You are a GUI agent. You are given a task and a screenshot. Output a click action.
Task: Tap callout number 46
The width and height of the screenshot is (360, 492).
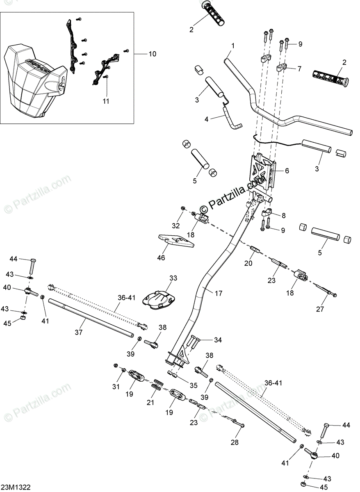click(161, 258)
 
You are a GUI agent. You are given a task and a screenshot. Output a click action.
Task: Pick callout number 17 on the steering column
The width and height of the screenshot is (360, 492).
click(218, 293)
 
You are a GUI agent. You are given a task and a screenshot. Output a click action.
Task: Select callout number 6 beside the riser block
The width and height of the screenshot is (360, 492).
click(287, 171)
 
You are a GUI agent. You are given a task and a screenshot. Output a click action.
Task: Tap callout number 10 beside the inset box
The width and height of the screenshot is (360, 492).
click(152, 54)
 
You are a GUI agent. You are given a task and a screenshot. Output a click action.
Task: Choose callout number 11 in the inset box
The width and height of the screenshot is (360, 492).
click(106, 101)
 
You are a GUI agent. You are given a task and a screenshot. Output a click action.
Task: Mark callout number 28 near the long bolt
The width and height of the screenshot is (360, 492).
click(235, 442)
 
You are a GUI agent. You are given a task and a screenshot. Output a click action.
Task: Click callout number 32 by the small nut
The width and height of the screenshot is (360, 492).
click(175, 226)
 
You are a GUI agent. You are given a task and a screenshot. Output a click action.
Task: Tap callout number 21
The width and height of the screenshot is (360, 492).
click(151, 403)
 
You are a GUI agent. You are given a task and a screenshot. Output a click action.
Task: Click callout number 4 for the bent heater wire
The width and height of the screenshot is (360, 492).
click(207, 119)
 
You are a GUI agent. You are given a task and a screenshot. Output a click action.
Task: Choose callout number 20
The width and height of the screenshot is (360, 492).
click(248, 264)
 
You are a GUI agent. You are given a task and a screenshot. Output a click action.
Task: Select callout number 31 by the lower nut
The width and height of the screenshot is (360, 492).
click(116, 387)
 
